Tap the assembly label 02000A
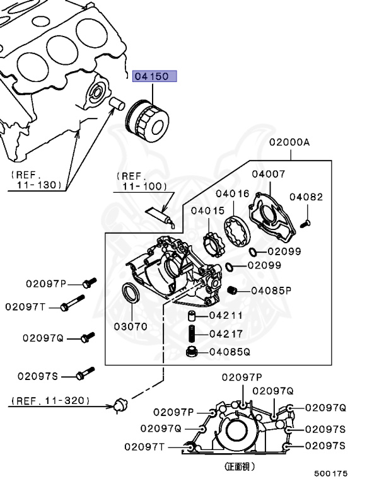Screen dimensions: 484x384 [x=290, y=142]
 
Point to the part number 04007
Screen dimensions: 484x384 [x=269, y=173]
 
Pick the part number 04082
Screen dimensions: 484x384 [x=306, y=197]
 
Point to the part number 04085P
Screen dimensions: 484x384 [x=271, y=291]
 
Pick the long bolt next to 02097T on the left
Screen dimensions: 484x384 [x=72, y=305]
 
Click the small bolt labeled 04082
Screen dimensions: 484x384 [x=305, y=222]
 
